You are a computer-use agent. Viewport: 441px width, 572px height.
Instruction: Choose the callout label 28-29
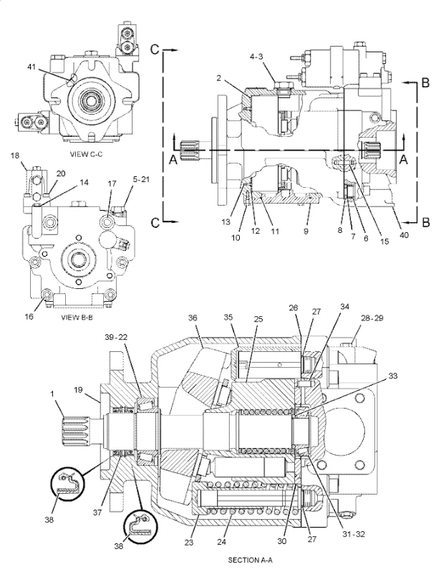[371, 316]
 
